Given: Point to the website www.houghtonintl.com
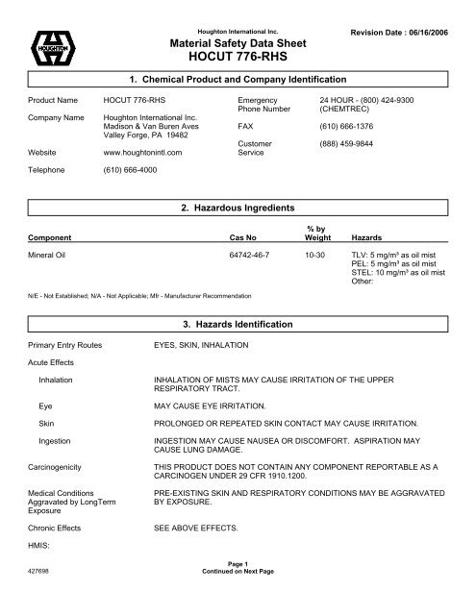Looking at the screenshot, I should [142, 150].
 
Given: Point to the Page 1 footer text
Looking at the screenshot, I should [238, 589].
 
